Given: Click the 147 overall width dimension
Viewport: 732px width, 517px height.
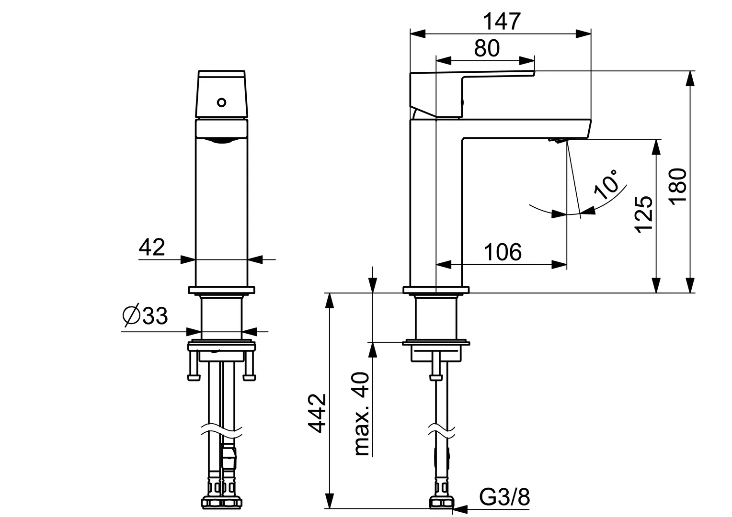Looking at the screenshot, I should pyautogui.click(x=501, y=22).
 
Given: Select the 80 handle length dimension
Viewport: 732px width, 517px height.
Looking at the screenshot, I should pyautogui.click(x=486, y=49).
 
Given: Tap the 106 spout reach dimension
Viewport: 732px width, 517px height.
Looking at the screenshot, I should pyautogui.click(x=502, y=252).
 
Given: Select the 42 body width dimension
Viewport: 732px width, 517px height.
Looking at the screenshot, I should pyautogui.click(x=152, y=247).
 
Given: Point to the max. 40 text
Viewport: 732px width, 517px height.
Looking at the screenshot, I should pyautogui.click(x=362, y=414).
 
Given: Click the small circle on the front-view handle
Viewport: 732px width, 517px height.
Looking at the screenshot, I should pyautogui.click(x=221, y=102).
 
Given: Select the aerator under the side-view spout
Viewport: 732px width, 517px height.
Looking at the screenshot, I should pyautogui.click(x=557, y=140).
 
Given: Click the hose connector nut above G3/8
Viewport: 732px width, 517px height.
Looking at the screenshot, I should pyautogui.click(x=442, y=502).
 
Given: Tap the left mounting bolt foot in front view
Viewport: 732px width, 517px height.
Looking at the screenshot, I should pyautogui.click(x=194, y=377).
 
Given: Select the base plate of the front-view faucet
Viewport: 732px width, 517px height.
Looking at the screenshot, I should pyautogui.click(x=221, y=290).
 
